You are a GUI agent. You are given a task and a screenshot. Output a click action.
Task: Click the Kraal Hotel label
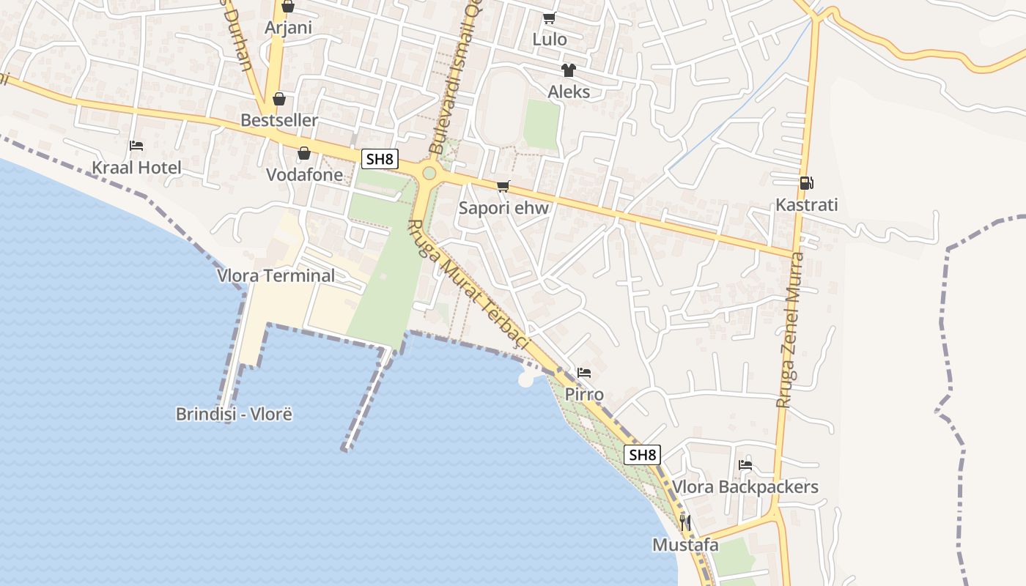click(136, 168)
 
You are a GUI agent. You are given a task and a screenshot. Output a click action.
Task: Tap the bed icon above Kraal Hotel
click(136, 146)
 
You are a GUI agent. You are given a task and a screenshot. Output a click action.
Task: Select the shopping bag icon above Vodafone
click(303, 153)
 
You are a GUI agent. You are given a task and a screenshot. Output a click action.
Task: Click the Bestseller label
click(279, 120)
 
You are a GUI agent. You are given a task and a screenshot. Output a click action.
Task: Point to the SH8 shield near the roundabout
click(380, 159)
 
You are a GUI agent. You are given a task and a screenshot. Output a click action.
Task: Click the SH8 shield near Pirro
click(642, 455)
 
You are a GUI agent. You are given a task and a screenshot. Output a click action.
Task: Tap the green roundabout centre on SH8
click(429, 174)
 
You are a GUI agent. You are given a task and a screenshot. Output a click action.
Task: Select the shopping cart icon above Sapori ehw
click(503, 187)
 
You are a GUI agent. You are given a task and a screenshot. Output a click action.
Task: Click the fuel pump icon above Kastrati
click(806, 183)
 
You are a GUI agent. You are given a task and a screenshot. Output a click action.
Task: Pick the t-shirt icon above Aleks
click(569, 70)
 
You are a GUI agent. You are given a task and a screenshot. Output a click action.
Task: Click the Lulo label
click(550, 40)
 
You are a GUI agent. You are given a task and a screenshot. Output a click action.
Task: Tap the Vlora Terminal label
click(276, 276)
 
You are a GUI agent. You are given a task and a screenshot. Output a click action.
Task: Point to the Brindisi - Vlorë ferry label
click(234, 414)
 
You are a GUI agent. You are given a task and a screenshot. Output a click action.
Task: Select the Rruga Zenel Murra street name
click(791, 330)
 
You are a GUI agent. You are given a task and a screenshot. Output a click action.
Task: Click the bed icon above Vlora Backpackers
click(745, 464)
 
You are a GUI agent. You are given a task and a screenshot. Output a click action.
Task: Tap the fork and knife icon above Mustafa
click(685, 522)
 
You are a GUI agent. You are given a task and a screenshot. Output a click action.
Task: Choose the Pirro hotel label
click(584, 395)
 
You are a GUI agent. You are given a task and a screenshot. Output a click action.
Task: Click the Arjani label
click(288, 28)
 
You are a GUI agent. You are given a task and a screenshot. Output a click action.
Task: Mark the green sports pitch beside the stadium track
click(542, 124)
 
